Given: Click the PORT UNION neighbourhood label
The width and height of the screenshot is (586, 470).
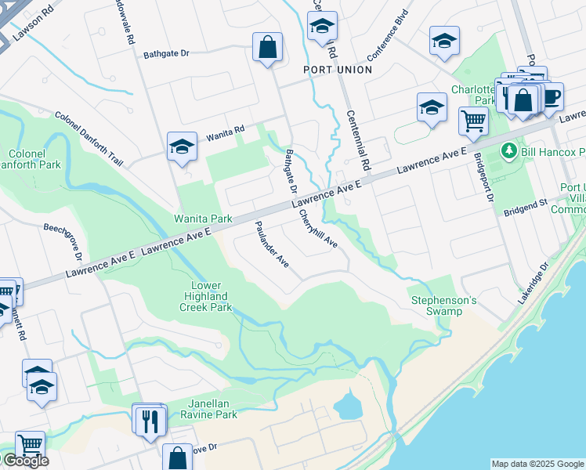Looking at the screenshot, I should click(338, 70).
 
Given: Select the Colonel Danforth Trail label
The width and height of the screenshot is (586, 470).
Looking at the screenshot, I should click(89, 138).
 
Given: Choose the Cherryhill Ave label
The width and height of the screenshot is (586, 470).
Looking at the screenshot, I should click(318, 227).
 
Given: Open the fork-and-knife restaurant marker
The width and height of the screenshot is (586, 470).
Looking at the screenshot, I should click(146, 421).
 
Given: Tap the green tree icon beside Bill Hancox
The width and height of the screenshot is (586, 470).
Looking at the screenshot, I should click(508, 150).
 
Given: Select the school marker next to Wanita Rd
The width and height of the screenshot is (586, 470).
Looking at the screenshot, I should click(182, 146).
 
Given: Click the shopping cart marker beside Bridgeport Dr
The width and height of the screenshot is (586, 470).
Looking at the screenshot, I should click(473, 121).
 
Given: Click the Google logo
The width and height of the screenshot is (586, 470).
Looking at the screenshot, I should click(25, 461).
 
